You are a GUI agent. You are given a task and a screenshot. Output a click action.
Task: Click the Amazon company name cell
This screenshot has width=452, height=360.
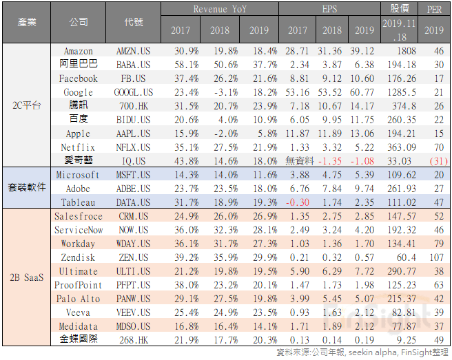pos(78,51)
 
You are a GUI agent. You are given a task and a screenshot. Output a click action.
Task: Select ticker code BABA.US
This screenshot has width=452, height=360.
pos(134,65)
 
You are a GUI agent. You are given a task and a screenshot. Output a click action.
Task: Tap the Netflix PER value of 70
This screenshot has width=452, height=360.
pos(434,147)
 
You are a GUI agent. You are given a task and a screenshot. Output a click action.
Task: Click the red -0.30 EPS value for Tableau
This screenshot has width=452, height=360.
pos(298,202)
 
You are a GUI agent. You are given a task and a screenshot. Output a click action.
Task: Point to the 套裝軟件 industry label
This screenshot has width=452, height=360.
pos(26,189)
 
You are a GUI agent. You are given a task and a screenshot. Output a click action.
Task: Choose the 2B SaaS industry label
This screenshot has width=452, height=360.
pos(26,278)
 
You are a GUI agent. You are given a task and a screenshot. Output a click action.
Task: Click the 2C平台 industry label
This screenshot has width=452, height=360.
pos(26,105)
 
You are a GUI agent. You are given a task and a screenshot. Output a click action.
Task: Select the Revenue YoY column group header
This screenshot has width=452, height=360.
pos(220,10)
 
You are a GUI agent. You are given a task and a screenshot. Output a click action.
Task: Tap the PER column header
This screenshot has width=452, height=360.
pos(434,10)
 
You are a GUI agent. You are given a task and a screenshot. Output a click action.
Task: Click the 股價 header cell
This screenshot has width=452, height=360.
pos(400,9)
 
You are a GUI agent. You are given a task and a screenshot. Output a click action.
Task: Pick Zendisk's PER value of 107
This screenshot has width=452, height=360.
pos(434,257)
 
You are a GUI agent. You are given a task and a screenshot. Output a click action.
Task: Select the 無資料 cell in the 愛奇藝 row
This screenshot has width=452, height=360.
pos(298,160)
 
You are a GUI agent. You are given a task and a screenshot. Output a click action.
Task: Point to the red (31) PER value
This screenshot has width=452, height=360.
pos(434,160)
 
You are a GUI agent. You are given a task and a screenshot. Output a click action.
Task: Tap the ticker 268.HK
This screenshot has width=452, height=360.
pos(134,340)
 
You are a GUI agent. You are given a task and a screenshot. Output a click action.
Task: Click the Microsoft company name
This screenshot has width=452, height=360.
pos(78,175)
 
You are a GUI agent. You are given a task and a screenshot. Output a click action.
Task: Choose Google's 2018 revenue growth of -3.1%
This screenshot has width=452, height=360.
pos(220,92)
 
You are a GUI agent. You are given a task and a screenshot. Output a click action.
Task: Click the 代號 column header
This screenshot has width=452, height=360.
pos(134,23)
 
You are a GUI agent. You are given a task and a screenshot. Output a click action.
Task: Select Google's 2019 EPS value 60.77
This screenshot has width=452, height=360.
pos(364,92)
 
